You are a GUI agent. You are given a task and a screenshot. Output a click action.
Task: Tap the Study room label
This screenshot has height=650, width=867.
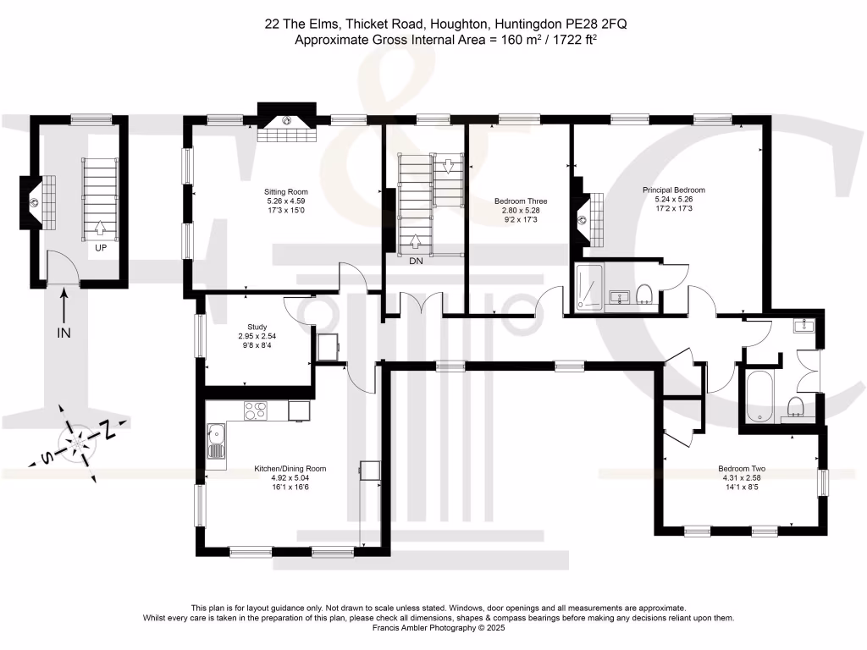(x=257, y=327)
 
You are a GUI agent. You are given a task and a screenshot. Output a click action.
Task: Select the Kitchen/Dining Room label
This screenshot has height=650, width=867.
(x=290, y=468)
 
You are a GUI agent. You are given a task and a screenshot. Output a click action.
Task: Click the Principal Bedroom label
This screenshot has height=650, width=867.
(x=679, y=190)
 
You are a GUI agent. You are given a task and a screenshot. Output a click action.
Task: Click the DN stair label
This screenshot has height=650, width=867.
(x=416, y=262)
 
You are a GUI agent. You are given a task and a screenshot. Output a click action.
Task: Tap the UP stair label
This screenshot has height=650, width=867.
(x=101, y=248)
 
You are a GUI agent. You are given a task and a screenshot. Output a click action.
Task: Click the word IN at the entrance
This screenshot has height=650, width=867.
(x=64, y=333)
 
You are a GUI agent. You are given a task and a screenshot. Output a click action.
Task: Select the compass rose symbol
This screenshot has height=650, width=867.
(x=77, y=441)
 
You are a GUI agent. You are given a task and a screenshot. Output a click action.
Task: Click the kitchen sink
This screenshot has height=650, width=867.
(x=216, y=440)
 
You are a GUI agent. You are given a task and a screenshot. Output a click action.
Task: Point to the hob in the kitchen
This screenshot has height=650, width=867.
(x=255, y=410)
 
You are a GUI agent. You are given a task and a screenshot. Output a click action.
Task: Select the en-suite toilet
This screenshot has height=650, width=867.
(x=645, y=294)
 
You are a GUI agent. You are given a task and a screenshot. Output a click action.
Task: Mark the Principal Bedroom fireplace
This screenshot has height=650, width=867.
(x=584, y=218)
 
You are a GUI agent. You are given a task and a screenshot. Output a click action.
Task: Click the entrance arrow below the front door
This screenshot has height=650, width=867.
(x=64, y=302)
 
